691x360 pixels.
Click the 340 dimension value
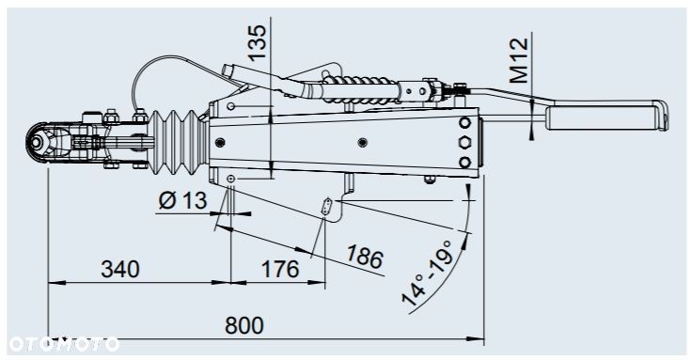point(120,269)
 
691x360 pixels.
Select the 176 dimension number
point(280,269)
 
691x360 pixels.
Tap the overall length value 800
point(244,325)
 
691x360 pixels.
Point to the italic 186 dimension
point(364,257)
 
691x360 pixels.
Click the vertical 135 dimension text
point(258,42)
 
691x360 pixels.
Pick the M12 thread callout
point(519,60)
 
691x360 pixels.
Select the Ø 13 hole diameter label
point(182,201)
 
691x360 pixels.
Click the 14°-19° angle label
point(427,274)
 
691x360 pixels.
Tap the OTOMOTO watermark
point(64,344)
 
